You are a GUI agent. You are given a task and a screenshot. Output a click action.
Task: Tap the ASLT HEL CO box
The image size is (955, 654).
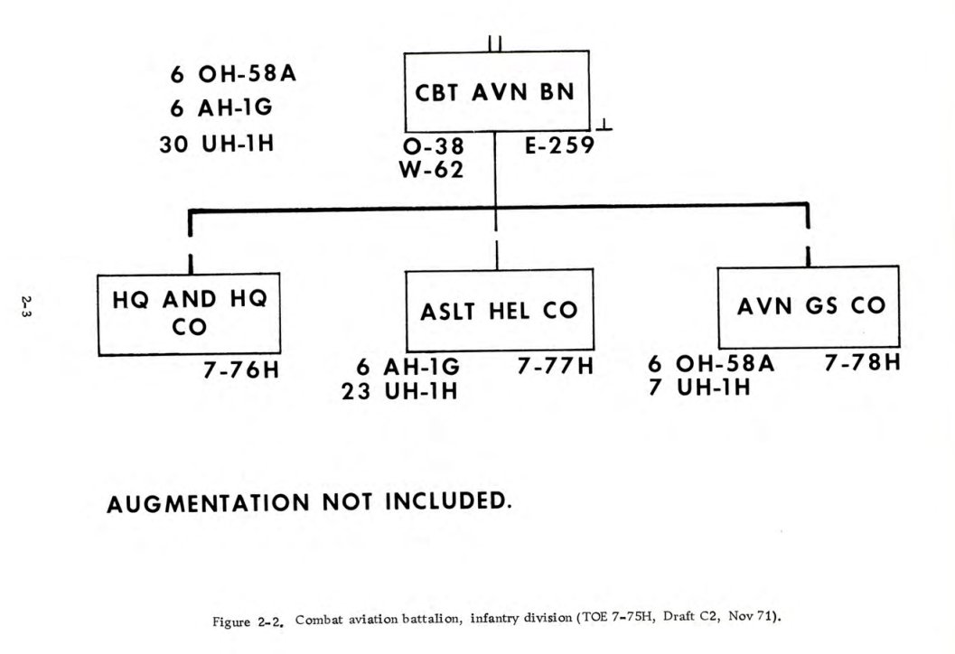coord(499,311)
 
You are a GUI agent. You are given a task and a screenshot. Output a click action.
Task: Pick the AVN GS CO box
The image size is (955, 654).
coord(809,306)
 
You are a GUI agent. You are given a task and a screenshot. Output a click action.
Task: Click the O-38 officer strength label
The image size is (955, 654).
coord(432,148)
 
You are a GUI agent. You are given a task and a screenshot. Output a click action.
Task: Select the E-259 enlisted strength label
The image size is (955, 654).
coord(559,146)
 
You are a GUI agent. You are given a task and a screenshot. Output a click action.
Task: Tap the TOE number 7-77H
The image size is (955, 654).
coord(556,367)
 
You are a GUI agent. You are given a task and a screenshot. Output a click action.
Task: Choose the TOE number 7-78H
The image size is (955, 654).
coord(863,363)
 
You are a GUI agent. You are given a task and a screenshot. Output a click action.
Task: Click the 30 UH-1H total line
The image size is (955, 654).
coord(216,145)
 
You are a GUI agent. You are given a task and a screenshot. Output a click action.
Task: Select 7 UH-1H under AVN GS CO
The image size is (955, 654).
coord(701,388)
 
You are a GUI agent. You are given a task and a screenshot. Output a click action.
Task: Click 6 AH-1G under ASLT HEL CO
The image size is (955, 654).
coord(408,368)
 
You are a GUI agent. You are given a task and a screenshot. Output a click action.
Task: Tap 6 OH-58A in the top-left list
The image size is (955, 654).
coord(233,74)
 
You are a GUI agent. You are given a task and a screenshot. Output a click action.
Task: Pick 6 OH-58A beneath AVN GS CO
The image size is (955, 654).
coord(711,364)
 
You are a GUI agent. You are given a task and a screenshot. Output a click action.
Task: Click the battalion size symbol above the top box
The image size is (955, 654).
coord(495,42)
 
